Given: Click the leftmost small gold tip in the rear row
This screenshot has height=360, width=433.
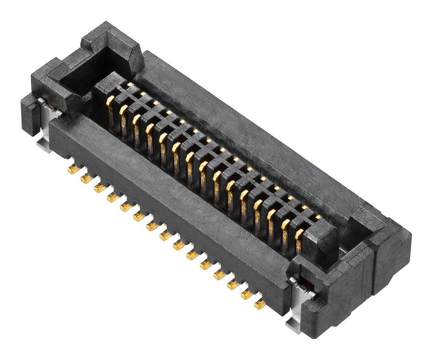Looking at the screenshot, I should (130, 85).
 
